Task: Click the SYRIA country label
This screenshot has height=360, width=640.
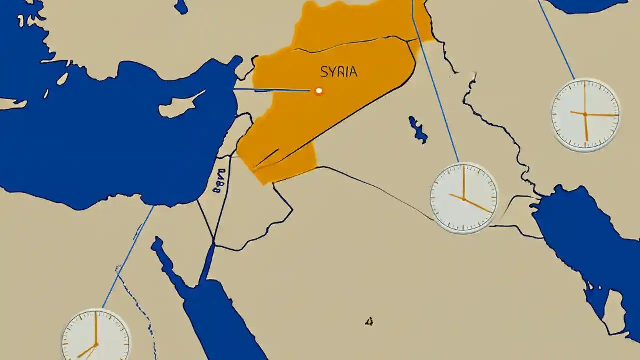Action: point(339,72)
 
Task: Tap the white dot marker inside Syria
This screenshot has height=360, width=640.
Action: point(319,91)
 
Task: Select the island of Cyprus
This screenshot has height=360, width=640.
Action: point(180,106)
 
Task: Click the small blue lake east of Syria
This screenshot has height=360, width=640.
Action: point(417,129)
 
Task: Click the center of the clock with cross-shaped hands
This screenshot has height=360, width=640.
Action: point(585,114)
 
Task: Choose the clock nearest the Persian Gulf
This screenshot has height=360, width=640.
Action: point(464,198)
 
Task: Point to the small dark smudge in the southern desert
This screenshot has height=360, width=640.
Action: point(369,322)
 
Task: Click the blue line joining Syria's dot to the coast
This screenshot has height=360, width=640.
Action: point(272,90)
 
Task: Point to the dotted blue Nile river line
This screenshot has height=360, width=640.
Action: point(135,300)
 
